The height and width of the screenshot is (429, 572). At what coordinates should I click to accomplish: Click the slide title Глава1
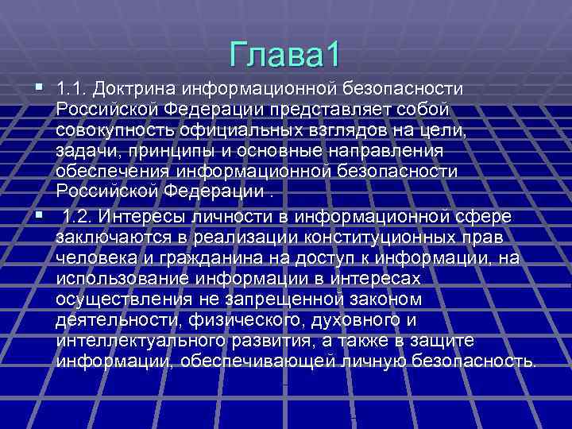pos(284,54)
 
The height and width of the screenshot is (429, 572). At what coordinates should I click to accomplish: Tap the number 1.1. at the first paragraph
pos(74,87)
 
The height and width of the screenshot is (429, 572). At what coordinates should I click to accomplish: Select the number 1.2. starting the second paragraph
pos(79,216)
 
